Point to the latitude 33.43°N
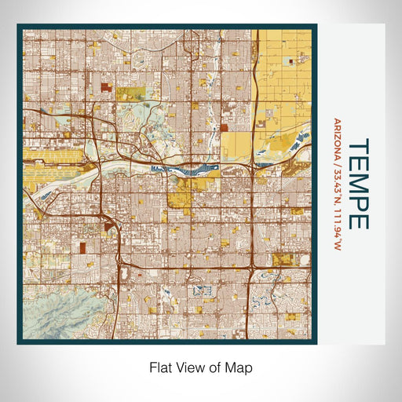(338, 187)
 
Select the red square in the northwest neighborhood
(105, 84)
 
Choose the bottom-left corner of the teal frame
(19, 342)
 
